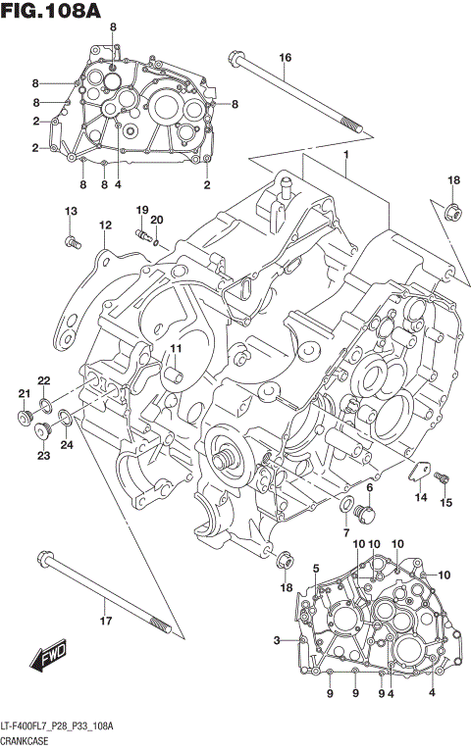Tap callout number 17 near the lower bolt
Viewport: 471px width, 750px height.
[107, 619]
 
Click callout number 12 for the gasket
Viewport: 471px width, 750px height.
[104, 225]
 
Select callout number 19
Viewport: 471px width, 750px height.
[141, 210]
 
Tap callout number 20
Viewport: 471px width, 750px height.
[157, 220]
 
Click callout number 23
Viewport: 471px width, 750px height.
[43, 455]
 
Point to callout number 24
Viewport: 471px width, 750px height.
[67, 445]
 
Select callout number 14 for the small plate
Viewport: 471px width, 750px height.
[420, 498]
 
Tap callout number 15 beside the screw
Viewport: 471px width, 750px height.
[446, 503]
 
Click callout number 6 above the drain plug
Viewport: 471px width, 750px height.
[370, 487]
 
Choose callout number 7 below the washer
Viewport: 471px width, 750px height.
[345, 532]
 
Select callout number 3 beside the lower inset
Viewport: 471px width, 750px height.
[278, 641]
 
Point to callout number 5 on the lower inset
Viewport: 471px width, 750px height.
[316, 569]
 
